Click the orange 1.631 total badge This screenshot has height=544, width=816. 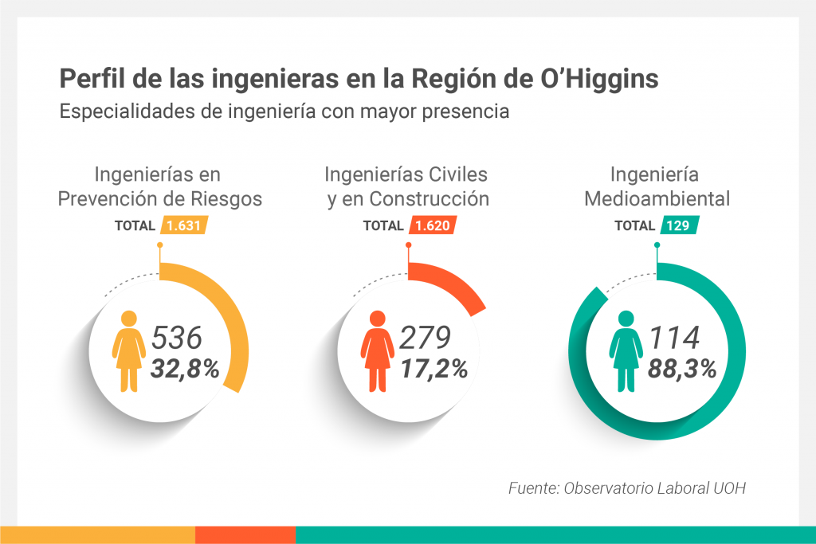click(184, 225)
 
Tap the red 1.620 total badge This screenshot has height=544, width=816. click(433, 225)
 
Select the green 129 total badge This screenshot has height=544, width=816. click(680, 225)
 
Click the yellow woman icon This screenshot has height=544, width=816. click(128, 351)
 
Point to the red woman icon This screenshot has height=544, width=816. click(377, 351)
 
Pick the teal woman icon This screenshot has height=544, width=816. click(626, 351)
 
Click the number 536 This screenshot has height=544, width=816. click(176, 338)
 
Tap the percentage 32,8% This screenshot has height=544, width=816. click(185, 369)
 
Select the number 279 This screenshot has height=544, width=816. click(425, 338)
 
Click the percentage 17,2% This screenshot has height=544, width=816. click(434, 369)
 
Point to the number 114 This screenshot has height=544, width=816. click(674, 338)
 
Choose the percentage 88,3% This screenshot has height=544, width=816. click(682, 369)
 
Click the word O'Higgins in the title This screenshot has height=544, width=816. click(599, 79)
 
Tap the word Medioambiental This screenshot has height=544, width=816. click(657, 198)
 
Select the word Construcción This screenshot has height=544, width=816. click(430, 198)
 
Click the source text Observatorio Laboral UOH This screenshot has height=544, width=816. click(655, 487)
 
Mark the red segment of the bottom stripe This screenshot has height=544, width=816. click(245, 535)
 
